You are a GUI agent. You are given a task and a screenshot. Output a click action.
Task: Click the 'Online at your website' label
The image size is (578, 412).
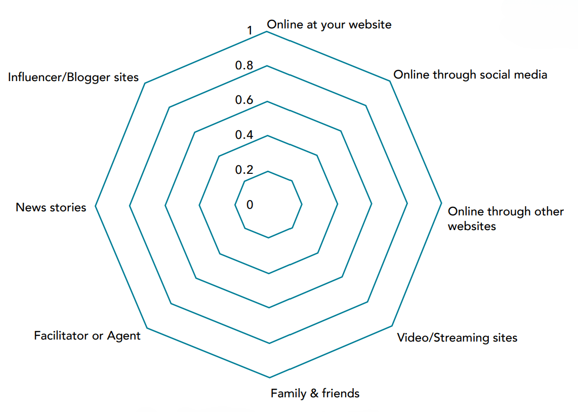[329, 24]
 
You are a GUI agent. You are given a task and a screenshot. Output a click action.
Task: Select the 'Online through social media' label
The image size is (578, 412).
[470, 75]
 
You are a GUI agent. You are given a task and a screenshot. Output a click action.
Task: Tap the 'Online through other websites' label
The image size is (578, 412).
[506, 218]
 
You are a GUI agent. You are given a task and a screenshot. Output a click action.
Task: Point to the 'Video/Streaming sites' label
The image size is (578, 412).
[457, 338]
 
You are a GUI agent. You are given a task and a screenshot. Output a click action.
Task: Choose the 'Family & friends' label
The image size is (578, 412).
[315, 393]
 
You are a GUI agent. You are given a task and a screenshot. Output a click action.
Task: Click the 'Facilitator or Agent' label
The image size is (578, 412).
[87, 335]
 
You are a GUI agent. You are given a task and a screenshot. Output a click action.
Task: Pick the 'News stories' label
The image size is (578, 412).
[51, 207]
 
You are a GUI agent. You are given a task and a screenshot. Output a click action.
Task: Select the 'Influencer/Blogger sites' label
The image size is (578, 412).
[73, 78]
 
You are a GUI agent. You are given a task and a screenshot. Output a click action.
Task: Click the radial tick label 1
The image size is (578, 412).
[250, 31]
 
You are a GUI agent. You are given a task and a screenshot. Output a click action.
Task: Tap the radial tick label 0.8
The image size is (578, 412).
[244, 65]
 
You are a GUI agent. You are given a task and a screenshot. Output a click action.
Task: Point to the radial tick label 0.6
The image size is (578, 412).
[244, 100]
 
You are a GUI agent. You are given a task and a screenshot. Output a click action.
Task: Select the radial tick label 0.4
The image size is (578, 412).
[244, 135]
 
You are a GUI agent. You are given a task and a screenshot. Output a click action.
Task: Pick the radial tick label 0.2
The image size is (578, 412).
[244, 169]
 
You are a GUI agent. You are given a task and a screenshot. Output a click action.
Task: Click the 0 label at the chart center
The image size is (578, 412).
[250, 204]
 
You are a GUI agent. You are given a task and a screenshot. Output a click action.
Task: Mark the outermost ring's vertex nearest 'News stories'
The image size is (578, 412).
[95, 207]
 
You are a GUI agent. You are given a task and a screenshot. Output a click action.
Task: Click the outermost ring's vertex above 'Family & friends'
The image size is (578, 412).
[269, 378]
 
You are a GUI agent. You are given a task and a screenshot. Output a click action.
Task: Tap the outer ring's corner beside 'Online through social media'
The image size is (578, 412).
[390, 81]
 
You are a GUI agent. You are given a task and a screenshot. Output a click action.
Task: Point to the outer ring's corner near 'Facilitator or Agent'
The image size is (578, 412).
[146, 327]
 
